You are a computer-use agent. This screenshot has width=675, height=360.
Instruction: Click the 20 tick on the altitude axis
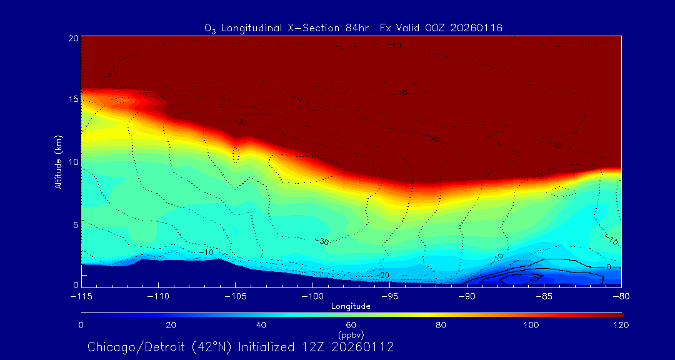pyautogui.click(x=72, y=38)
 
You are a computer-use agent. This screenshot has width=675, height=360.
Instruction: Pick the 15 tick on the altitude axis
pyautogui.click(x=72, y=99)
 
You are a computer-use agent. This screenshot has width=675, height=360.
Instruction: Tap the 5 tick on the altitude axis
pyautogui.click(x=74, y=224)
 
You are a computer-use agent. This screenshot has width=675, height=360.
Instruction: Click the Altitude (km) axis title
pyautogui.click(x=58, y=161)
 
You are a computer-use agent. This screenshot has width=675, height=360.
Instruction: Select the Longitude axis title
pyautogui.click(x=351, y=306)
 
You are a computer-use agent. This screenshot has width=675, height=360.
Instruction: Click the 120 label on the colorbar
pyautogui.click(x=621, y=325)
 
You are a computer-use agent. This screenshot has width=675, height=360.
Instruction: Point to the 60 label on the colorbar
pyautogui.click(x=351, y=325)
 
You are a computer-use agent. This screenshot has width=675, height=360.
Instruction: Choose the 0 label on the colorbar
pyautogui.click(x=81, y=325)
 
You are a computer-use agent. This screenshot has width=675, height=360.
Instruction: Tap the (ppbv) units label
pyautogui.click(x=351, y=334)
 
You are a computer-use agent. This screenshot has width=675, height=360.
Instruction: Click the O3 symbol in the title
pyautogui.click(x=211, y=29)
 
